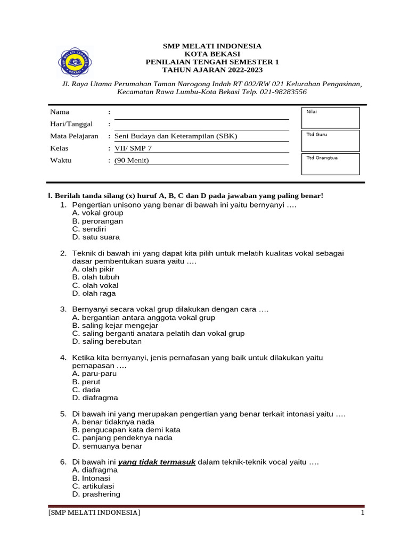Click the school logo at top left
[x=75, y=62]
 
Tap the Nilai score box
[x=330, y=118]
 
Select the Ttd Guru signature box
[x=330, y=141]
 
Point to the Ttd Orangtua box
[x=330, y=164]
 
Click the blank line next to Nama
[x=201, y=113]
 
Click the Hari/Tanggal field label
[x=67, y=124]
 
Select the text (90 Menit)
[x=132, y=160]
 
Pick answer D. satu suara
[x=96, y=237]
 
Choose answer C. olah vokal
[x=95, y=285]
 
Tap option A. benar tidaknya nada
[x=113, y=422]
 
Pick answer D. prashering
[x=96, y=494]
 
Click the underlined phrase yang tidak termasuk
[x=157, y=462]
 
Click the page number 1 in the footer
[x=362, y=513]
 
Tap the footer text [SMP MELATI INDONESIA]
[x=94, y=513]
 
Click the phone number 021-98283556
[x=282, y=92]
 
